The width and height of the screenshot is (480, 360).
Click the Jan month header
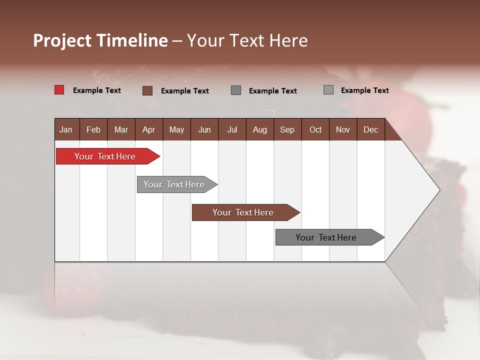[66, 129]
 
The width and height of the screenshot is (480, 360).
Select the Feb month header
[93, 129]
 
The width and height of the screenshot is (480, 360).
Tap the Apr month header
[148, 129]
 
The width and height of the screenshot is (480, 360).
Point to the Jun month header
[204, 129]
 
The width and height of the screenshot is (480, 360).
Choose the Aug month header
[259, 129]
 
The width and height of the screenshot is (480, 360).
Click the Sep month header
[287, 129]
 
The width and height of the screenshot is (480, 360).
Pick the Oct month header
[315, 129]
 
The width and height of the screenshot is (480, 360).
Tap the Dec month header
[370, 129]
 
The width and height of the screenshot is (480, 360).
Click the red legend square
[59, 90]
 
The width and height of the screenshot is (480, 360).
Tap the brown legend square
[147, 90]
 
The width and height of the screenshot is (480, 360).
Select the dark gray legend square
[236, 90]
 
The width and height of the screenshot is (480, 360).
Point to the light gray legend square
[328, 90]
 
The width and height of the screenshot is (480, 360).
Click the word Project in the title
[62, 40]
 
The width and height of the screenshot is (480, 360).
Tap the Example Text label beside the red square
[97, 90]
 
